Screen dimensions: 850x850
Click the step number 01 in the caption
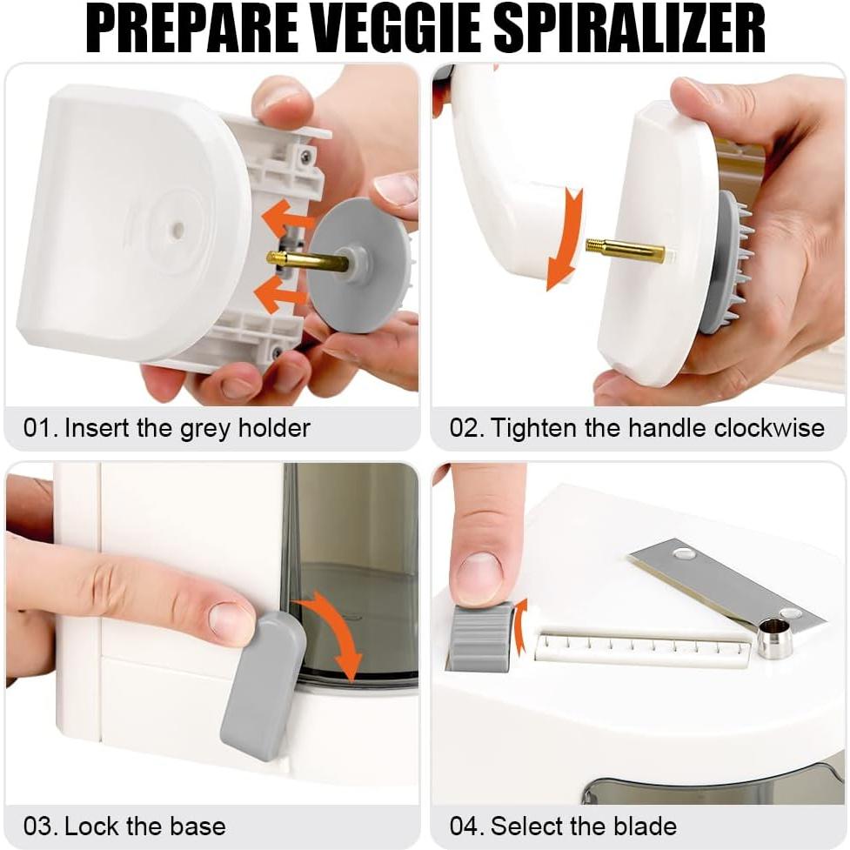(x=38, y=428)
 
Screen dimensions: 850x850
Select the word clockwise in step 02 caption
(x=769, y=428)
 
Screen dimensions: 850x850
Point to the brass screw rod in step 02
(x=625, y=251)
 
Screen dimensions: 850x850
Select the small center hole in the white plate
(x=177, y=230)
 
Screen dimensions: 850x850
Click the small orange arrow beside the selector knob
(x=521, y=625)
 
